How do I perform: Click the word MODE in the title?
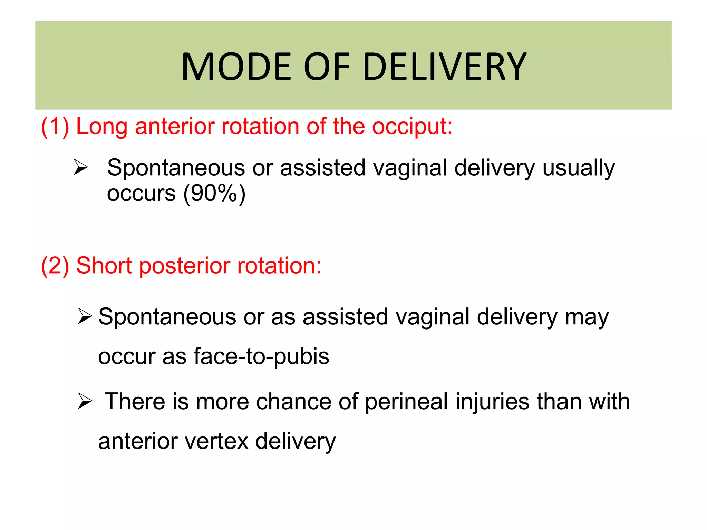coord(236,67)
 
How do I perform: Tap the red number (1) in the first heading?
coord(55,126)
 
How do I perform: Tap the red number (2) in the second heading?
coord(55,266)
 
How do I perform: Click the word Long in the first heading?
coord(101,126)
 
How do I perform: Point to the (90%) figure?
coord(214,193)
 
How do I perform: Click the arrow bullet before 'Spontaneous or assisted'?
coord(81,168)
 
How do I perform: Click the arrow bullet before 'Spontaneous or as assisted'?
coord(85,316)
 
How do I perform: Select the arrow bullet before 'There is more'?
coord(85,401)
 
